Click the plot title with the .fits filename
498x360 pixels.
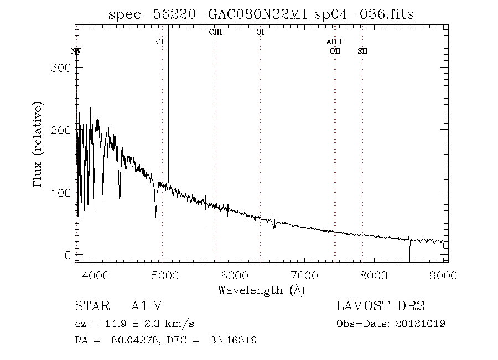[x=261, y=13]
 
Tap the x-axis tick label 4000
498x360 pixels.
[x=96, y=275]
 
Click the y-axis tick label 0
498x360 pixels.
[x=68, y=255]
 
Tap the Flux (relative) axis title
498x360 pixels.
[x=38, y=144]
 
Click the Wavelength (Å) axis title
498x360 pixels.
[x=261, y=290]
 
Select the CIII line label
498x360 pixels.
[x=215, y=33]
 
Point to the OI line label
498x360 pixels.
[x=260, y=33]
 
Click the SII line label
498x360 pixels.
[x=362, y=52]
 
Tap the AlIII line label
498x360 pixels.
[x=334, y=42]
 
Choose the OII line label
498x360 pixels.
[x=335, y=52]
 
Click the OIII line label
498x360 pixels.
[x=162, y=42]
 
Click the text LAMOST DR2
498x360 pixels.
[x=381, y=306]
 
